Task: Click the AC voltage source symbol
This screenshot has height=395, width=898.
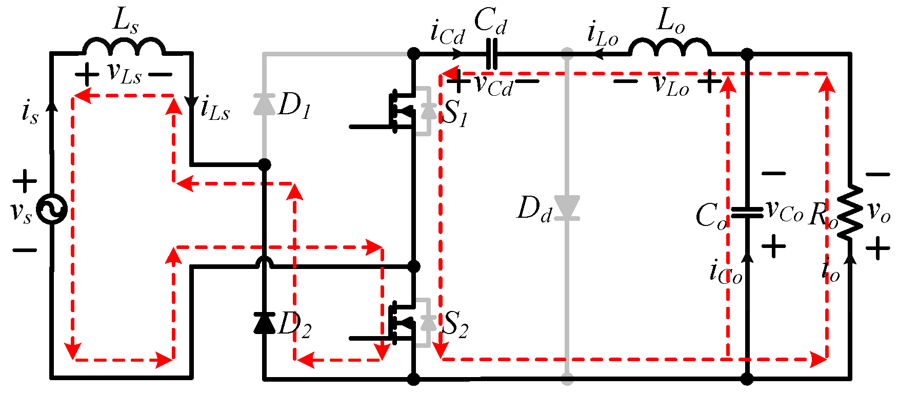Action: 52,209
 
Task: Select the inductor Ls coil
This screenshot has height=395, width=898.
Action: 124,46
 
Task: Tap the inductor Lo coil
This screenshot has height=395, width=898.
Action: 670,46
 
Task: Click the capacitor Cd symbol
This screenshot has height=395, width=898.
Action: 491,53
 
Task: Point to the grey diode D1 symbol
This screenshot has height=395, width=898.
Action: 264,104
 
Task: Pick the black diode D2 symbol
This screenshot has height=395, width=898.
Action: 264,323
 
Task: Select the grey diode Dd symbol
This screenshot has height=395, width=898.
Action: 567,207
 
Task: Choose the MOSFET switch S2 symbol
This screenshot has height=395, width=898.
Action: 405,323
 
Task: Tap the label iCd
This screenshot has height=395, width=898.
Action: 447,34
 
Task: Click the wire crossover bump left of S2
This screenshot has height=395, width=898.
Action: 264,262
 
